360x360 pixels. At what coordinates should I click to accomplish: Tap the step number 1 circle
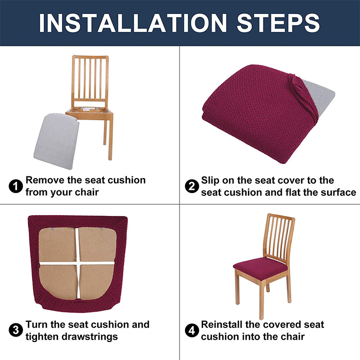coord(16,186)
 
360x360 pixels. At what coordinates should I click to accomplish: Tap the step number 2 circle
coord(192,186)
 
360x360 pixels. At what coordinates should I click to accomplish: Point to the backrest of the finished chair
coord(279,236)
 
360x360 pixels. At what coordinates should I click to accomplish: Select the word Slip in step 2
coord(211,180)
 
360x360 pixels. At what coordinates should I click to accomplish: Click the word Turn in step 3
coord(36,324)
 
